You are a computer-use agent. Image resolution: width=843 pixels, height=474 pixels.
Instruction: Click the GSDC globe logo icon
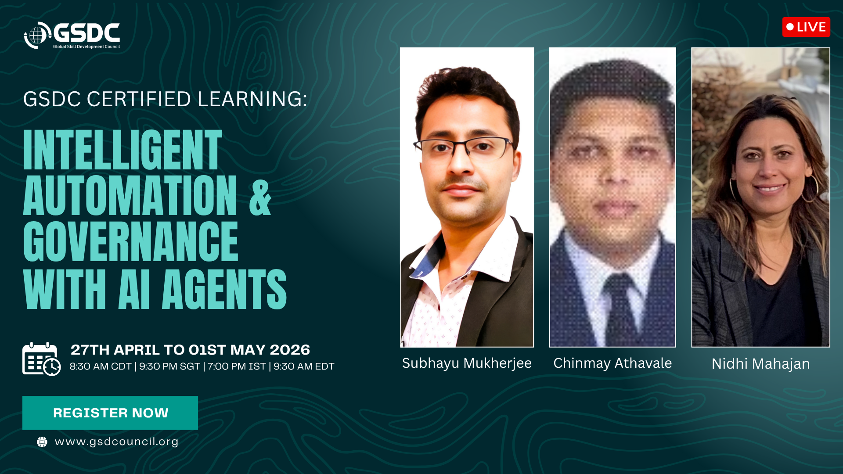[x=38, y=35]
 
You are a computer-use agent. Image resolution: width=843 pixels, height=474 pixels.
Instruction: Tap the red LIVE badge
[x=806, y=27]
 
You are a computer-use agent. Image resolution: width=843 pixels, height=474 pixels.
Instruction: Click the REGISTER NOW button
[x=110, y=413]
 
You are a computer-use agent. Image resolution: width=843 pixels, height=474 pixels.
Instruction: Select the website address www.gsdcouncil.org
[x=116, y=442]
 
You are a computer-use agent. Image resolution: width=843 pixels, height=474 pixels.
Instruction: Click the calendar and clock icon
[x=41, y=359]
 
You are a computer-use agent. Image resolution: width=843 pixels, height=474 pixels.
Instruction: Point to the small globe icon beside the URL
[x=42, y=442]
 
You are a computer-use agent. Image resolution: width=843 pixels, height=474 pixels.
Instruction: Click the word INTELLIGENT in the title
[x=122, y=150]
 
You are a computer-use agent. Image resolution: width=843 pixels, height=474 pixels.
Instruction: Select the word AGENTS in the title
[x=224, y=289]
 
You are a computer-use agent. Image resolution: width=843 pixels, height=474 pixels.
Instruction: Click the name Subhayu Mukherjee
[x=467, y=363]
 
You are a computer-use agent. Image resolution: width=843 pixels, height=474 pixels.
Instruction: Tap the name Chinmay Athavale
[x=612, y=363]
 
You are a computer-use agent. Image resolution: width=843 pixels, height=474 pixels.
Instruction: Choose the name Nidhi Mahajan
[x=761, y=364]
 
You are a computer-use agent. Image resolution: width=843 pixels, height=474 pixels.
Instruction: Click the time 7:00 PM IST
[x=237, y=366]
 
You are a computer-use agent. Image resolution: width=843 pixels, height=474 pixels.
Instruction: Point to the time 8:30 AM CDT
[x=101, y=366]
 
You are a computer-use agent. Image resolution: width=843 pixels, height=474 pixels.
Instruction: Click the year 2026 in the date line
[x=290, y=350]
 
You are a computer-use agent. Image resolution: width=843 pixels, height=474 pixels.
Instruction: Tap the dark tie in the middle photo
[x=620, y=307]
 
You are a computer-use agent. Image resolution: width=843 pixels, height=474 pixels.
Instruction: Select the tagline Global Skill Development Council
[x=86, y=47]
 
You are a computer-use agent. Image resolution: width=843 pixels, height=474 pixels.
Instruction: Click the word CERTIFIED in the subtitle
[x=139, y=99]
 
